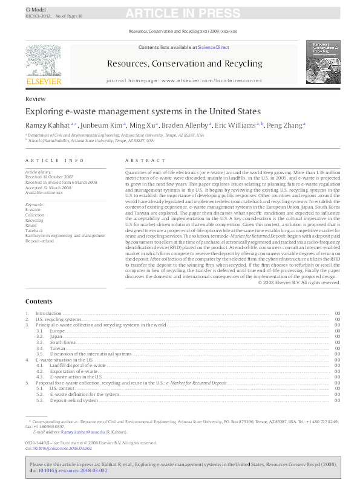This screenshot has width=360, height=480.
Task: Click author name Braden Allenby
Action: [188, 125]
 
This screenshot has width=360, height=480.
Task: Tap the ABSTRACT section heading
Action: [145, 160]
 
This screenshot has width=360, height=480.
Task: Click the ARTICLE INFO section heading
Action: [54, 160]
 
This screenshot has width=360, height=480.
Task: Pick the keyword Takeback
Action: [34, 230]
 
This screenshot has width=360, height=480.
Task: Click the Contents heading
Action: [39, 301]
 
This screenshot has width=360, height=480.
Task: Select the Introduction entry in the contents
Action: [48, 313]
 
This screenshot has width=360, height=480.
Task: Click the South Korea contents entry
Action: [63, 342]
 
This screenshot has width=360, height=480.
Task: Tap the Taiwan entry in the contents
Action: [57, 348]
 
